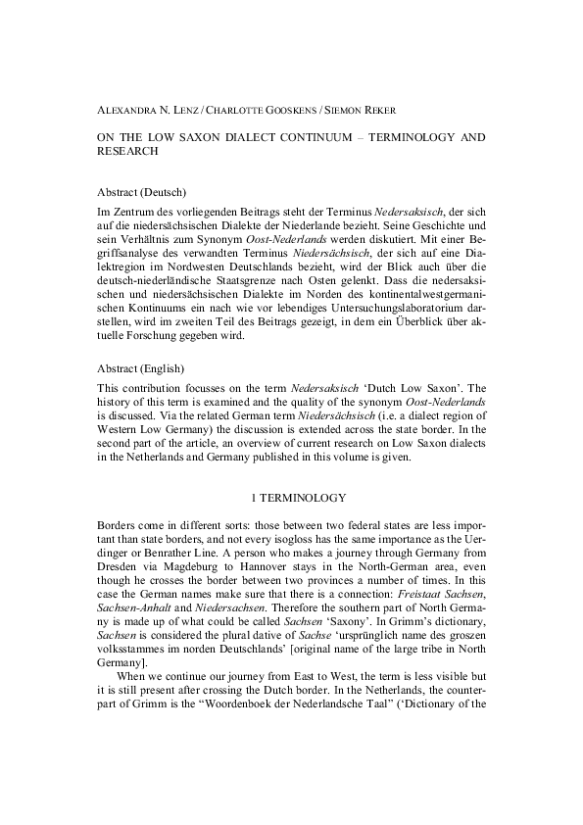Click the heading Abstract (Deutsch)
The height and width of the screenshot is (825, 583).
[143, 192]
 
